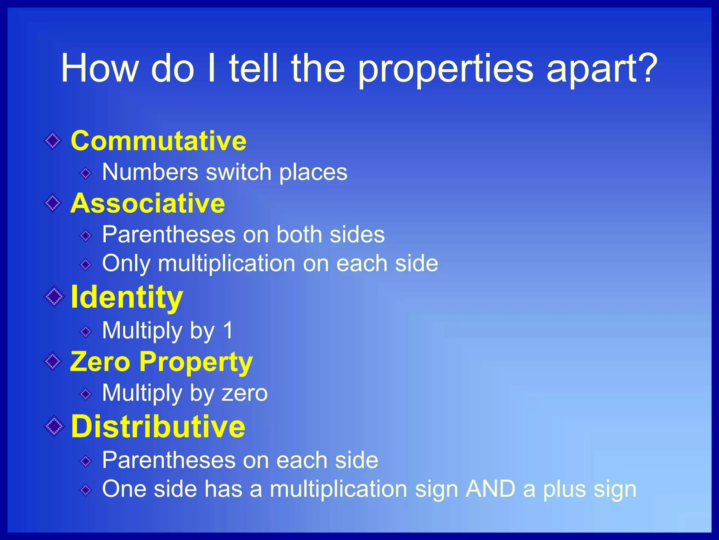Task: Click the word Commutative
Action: (x=158, y=141)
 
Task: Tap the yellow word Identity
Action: (x=127, y=297)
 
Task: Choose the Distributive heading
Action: (x=158, y=426)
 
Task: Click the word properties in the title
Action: (x=446, y=69)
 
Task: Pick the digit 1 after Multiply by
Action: (x=228, y=330)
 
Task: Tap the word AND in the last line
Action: (x=490, y=489)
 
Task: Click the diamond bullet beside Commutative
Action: (x=53, y=141)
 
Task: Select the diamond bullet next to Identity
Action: (x=54, y=297)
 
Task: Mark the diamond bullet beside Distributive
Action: (x=54, y=426)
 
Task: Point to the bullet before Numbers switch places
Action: (x=86, y=173)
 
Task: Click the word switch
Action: (x=238, y=172)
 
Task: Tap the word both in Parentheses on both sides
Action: (x=299, y=234)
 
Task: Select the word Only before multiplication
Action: (x=126, y=264)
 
